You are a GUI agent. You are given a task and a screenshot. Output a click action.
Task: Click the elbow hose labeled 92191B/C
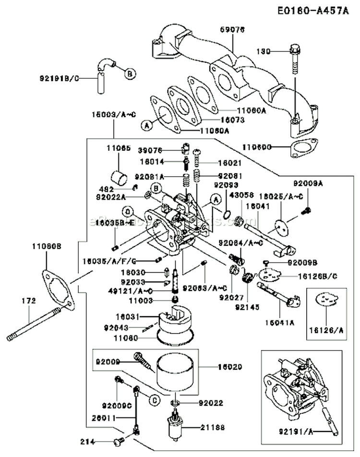(105, 68)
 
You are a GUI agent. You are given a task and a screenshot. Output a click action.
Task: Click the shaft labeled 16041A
(276, 293)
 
